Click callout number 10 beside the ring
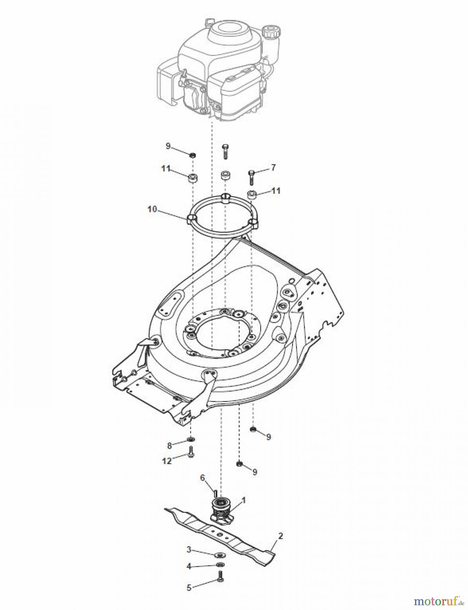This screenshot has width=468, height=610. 152,209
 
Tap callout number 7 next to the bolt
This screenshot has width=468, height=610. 273,167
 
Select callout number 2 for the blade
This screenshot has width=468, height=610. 280,536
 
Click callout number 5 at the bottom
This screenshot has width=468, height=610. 189,588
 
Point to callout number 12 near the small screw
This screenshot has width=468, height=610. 167,461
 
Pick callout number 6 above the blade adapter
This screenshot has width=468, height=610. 203,478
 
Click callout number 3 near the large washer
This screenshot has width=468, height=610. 189,549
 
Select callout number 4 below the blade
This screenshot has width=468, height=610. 189,566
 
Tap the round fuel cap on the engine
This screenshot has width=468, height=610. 273,32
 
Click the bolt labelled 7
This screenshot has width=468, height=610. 251,177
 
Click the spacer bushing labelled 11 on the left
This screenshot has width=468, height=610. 193,178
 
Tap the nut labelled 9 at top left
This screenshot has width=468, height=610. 193,155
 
